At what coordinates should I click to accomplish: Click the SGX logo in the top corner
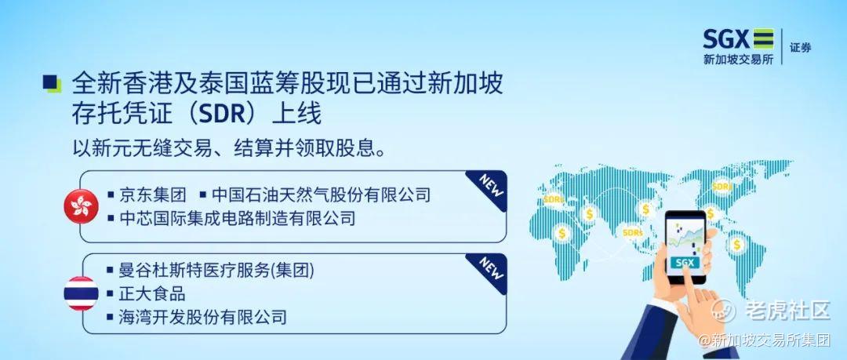click(738, 39)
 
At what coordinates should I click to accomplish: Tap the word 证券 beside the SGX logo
click(801, 48)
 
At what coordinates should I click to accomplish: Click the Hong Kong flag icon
click(81, 206)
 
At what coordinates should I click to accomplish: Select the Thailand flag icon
click(81, 293)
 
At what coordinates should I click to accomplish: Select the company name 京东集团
click(153, 194)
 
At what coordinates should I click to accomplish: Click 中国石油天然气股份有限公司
click(322, 194)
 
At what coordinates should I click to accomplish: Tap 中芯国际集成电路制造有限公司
click(237, 218)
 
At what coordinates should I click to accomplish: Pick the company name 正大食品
click(152, 293)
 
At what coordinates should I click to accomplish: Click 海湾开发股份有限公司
click(202, 317)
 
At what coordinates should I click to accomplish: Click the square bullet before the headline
click(52, 83)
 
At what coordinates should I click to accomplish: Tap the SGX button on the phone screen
click(685, 263)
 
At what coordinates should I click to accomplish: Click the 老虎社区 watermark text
click(787, 311)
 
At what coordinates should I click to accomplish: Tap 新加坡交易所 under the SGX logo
click(738, 60)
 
